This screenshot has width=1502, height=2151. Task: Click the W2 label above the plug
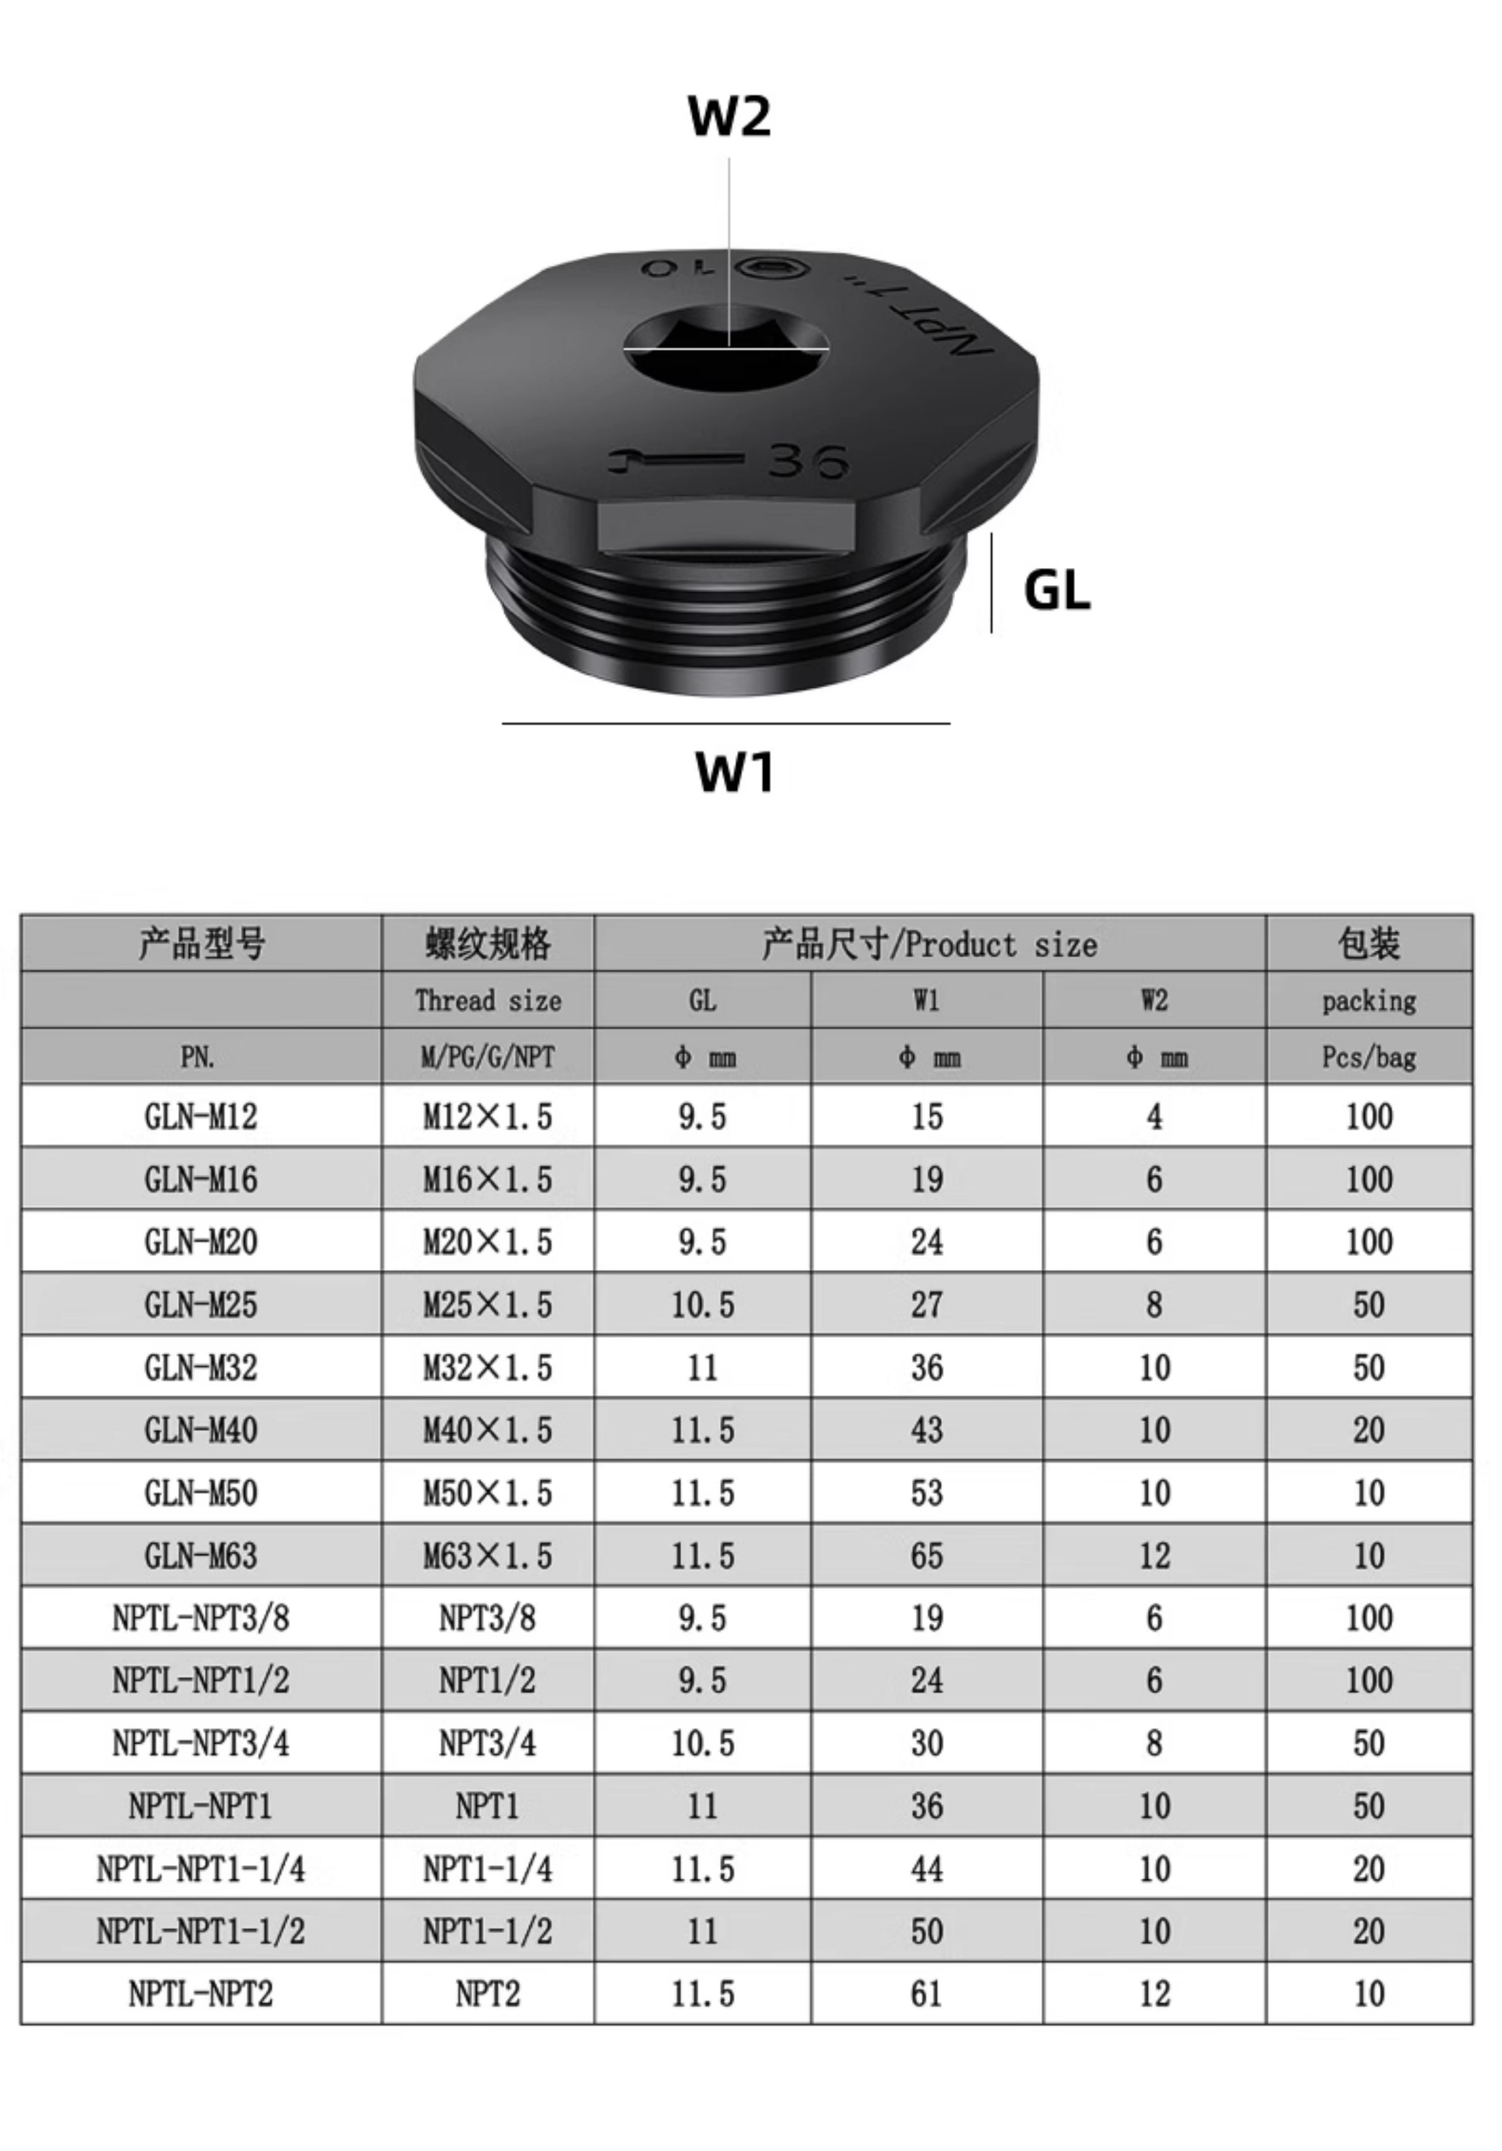[729, 116]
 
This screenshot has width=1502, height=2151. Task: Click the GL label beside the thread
[1057, 590]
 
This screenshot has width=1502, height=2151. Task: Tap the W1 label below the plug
[735, 772]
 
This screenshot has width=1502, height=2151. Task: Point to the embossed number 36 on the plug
[808, 460]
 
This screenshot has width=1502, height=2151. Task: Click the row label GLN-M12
[200, 1116]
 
